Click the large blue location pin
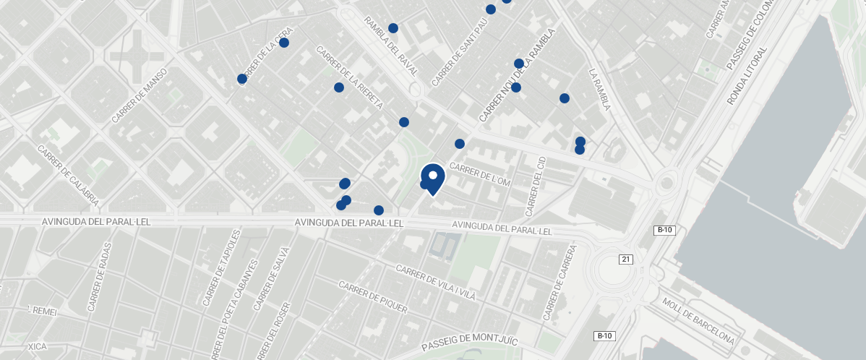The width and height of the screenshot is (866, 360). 432,178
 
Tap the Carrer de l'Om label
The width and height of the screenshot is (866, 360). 480,176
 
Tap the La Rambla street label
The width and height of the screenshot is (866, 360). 600,90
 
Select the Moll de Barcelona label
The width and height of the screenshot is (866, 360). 698,320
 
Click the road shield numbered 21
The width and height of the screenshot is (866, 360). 625,260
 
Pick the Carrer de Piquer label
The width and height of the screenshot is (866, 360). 374,297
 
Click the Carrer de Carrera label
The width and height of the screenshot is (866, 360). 560,283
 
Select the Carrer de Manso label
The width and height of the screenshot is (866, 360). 140,95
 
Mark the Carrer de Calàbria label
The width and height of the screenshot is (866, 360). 68,176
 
